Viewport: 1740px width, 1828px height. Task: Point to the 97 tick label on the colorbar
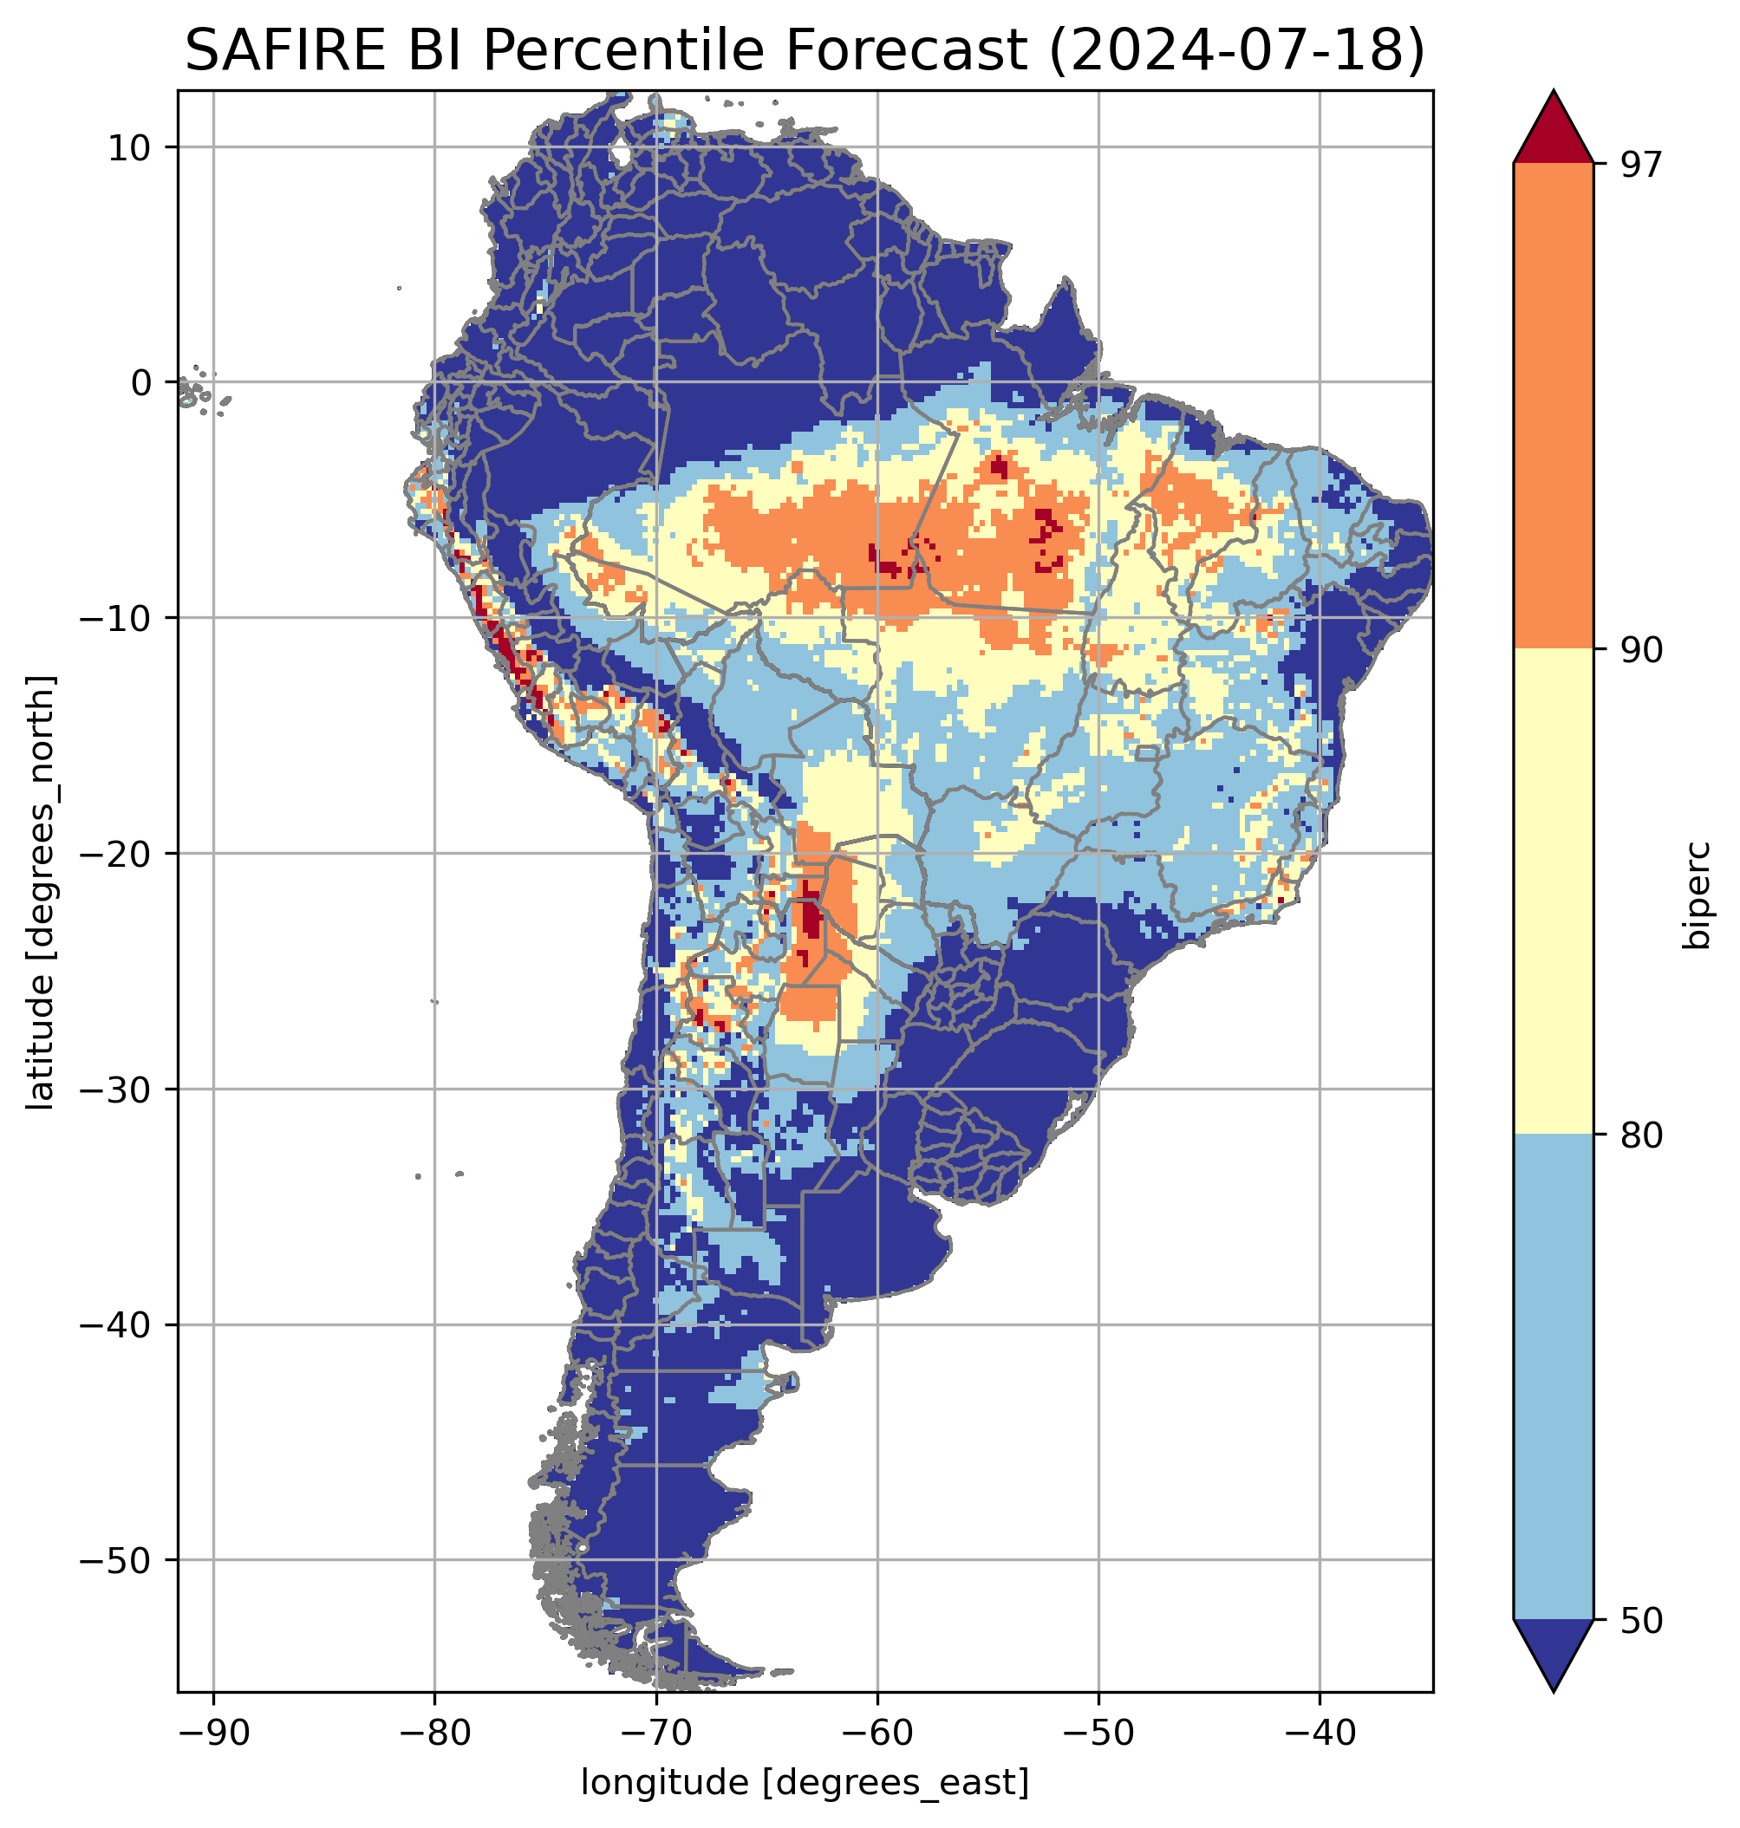(x=1641, y=165)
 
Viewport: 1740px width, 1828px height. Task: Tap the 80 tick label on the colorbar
(x=1641, y=1137)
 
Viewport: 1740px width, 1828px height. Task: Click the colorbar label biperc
(x=1699, y=894)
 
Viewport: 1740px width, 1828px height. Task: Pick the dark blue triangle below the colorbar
(x=1554, y=1656)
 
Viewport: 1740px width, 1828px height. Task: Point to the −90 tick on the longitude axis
(x=214, y=1734)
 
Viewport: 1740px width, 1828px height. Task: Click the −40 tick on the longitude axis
(x=1320, y=1734)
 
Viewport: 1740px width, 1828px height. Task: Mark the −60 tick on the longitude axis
(x=877, y=1734)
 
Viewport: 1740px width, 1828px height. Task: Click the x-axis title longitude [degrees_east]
(x=805, y=1783)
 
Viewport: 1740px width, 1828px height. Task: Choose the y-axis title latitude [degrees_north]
(x=41, y=892)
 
